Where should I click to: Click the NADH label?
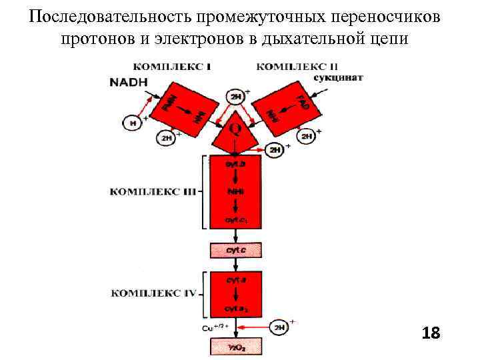point(129,82)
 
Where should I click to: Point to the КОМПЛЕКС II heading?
point(288,67)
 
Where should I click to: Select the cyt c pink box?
point(236,250)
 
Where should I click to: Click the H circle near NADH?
point(132,123)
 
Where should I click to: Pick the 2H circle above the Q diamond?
point(236,97)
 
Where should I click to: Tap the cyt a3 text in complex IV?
point(236,309)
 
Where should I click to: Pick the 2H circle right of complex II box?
point(305,137)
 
